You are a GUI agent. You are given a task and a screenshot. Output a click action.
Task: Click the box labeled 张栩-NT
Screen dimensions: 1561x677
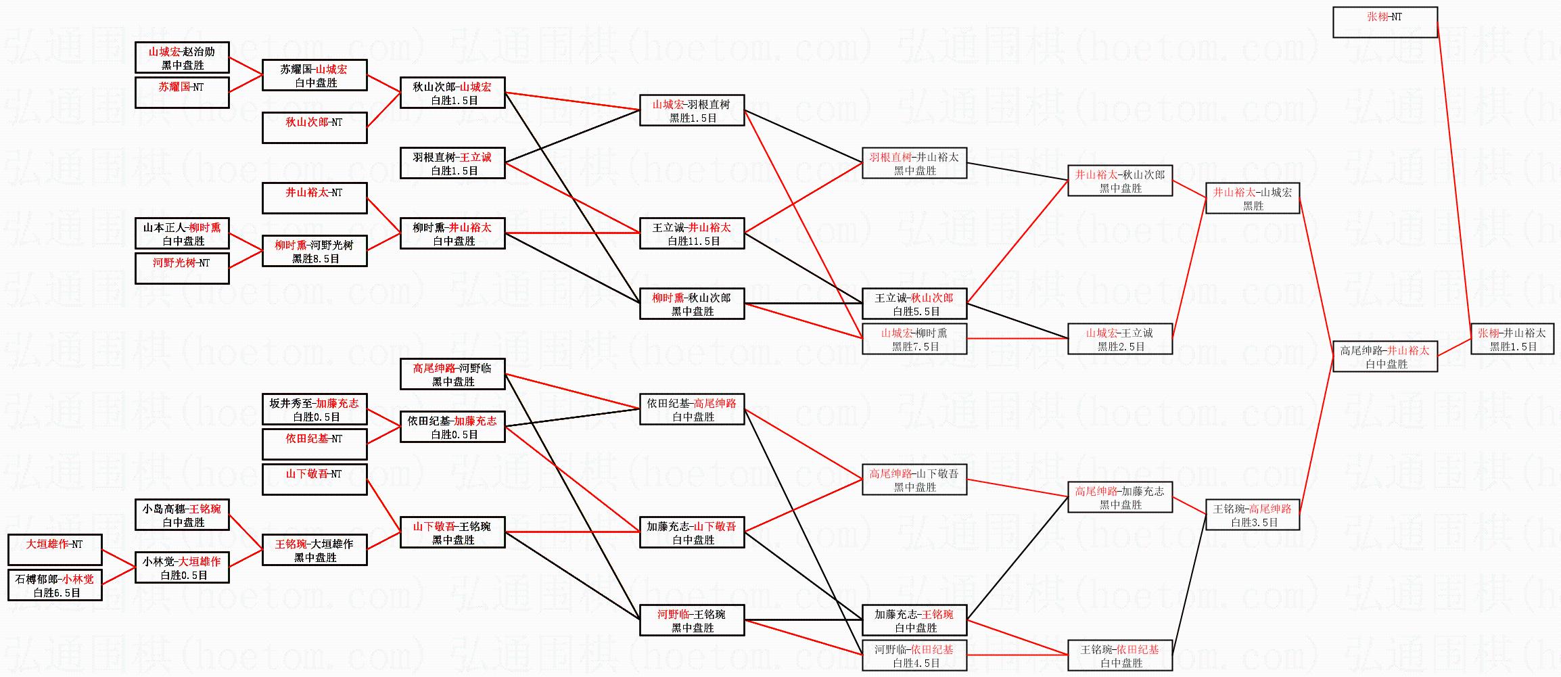pos(1384,22)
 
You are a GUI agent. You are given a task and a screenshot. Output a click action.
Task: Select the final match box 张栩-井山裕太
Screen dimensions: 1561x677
pos(1511,339)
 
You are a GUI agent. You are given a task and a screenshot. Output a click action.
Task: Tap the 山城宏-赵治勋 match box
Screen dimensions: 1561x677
pos(182,57)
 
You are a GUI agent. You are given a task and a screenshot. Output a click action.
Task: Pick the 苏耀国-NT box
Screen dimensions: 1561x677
pos(182,93)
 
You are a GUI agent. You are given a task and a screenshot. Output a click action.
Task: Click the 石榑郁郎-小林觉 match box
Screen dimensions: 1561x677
pos(55,585)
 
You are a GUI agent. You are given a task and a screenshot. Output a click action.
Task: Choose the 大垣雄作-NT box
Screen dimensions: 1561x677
pos(55,550)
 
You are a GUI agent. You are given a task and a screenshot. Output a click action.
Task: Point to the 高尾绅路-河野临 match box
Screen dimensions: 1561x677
pos(452,374)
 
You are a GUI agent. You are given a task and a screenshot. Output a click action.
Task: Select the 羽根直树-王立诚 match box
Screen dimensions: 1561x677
pos(452,163)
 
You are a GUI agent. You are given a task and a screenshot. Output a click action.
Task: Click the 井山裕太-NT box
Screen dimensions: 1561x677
pos(314,198)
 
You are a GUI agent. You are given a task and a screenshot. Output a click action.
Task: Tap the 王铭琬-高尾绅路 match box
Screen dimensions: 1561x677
pos(1253,515)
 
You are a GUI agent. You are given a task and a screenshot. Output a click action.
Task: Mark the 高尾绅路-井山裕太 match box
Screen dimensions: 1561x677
pos(1384,356)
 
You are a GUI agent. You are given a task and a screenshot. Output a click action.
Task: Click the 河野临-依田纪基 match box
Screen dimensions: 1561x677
pos(914,655)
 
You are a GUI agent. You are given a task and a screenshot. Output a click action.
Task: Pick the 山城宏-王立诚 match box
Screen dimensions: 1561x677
pos(1120,339)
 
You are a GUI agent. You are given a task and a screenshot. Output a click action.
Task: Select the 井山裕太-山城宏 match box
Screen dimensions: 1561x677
pos(1253,198)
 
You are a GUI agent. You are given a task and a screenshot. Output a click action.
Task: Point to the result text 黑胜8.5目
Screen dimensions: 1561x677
pos(315,259)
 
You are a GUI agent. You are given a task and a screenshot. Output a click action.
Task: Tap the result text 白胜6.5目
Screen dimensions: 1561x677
pos(57,593)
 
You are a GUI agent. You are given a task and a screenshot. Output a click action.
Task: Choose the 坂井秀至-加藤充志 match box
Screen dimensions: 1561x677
pos(314,409)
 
